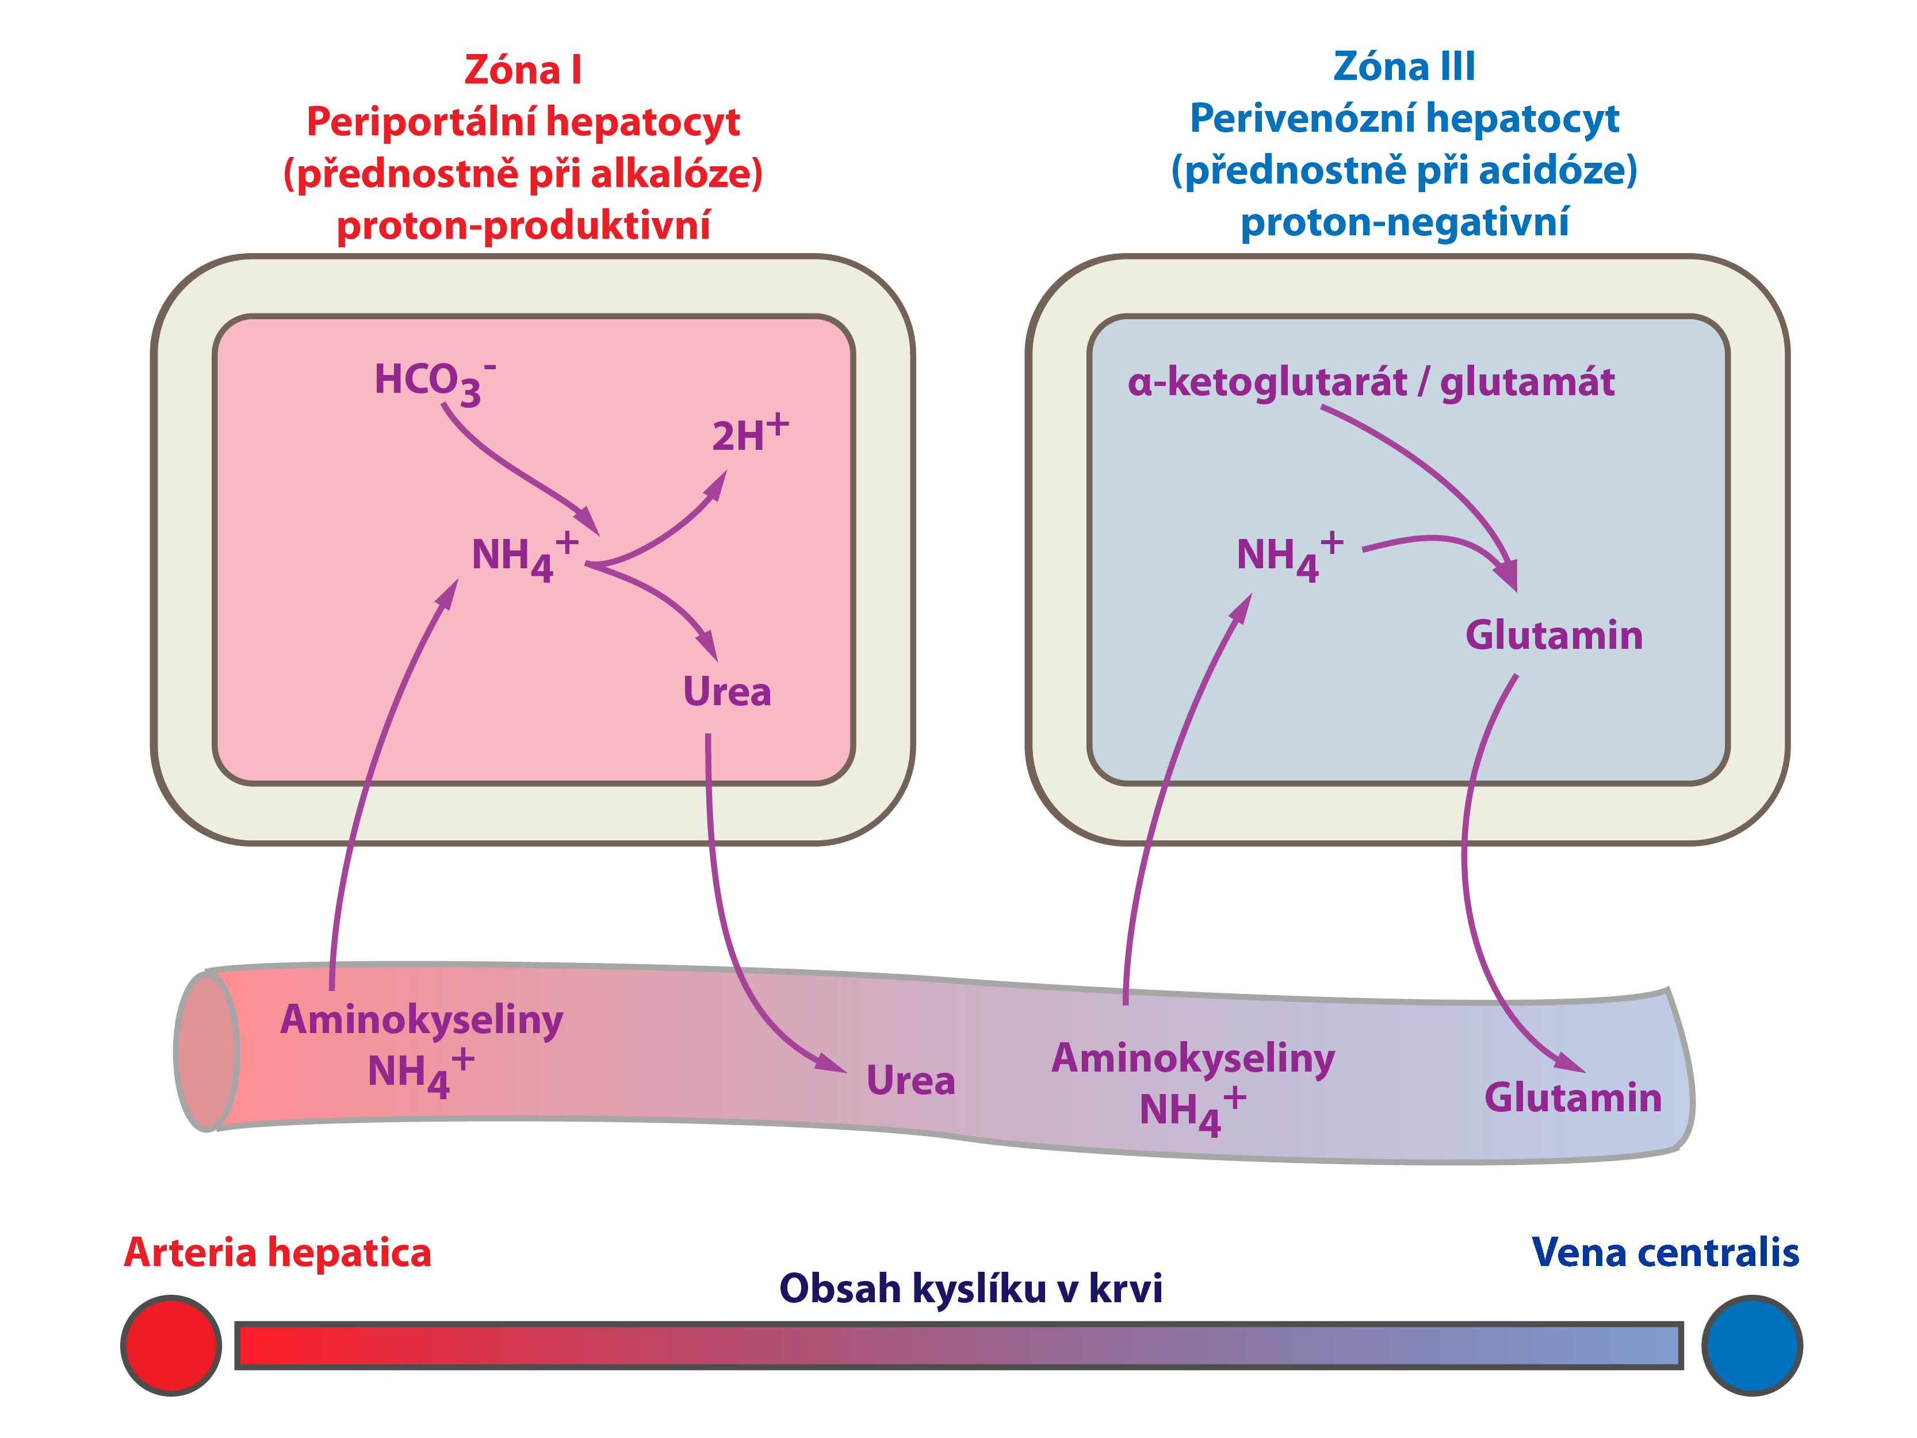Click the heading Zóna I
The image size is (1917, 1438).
523,70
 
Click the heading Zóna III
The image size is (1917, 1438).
1404,67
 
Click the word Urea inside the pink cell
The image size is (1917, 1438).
726,692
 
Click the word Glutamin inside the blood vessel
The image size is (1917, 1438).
1573,1097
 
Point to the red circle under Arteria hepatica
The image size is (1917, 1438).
171,1345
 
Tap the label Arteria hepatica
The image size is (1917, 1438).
277,1253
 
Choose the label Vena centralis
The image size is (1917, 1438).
1665,1253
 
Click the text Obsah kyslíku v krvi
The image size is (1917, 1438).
971,1288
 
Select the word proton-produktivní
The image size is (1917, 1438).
523,225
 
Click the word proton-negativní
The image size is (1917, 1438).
1404,222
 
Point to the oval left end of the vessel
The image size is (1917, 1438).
206,1051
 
